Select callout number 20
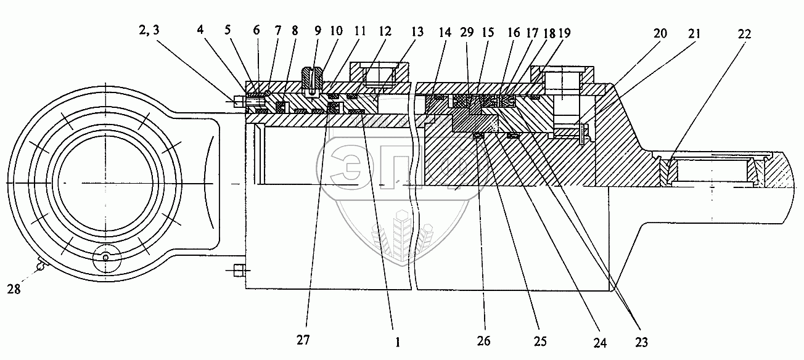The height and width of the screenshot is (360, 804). point(660,34)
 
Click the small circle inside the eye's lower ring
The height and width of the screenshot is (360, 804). point(105,258)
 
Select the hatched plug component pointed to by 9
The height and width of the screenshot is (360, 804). point(313,78)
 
